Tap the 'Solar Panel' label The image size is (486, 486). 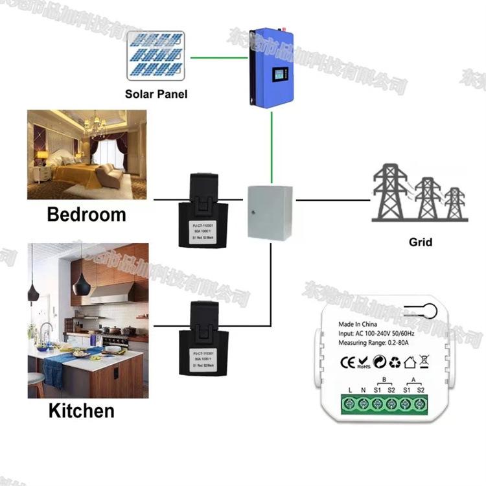point(156,94)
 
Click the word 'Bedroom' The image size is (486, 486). point(86,214)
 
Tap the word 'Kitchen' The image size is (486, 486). point(81,410)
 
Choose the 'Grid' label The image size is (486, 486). point(421,243)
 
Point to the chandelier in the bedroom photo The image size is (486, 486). point(96,123)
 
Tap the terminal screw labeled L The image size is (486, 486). point(350,403)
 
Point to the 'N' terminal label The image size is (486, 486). point(364,390)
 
